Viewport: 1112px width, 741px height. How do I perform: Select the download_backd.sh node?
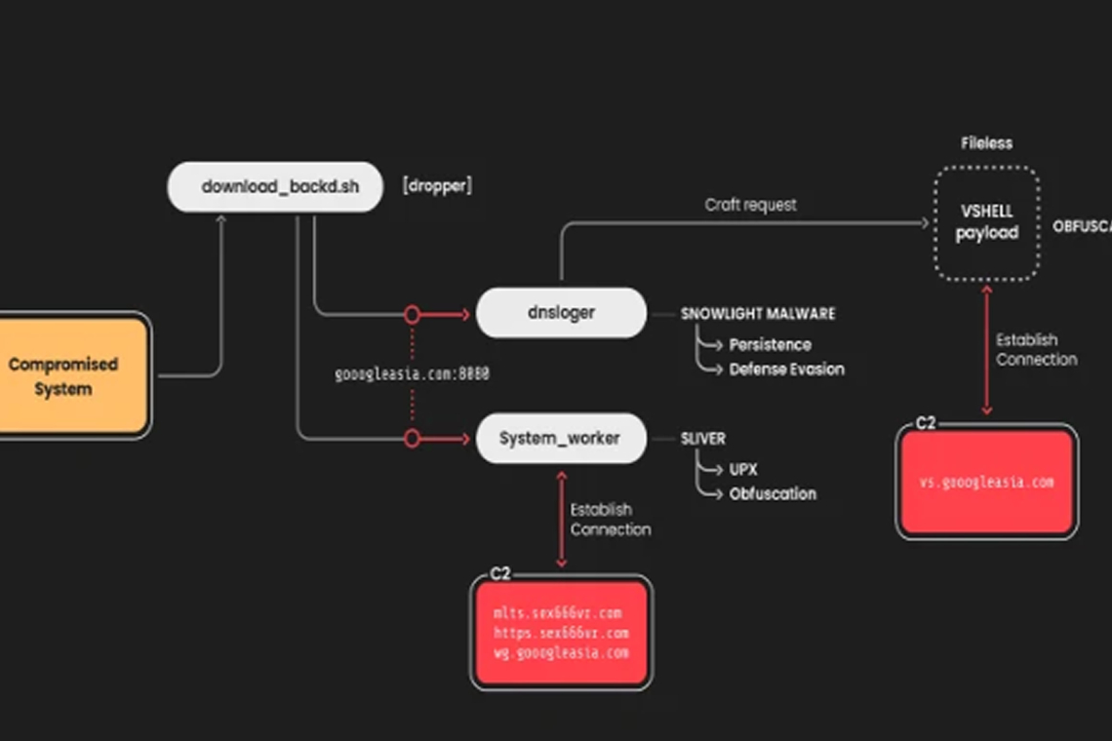274,187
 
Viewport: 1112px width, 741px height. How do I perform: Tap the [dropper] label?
437,186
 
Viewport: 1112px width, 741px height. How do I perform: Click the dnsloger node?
561,313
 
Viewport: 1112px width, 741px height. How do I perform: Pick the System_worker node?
560,438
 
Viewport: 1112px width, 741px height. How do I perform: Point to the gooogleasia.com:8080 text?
412,373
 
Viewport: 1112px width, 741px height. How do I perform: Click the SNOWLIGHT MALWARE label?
758,314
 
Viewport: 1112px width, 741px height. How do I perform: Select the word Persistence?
770,344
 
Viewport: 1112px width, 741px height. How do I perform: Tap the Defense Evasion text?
786,370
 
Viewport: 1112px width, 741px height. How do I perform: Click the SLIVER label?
703,439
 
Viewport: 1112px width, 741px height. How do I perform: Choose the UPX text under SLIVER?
743,469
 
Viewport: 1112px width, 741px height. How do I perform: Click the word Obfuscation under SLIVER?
773,494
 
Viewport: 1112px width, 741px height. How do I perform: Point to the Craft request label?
750,205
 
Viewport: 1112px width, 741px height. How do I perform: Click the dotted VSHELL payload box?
986,223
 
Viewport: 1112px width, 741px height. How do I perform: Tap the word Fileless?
986,143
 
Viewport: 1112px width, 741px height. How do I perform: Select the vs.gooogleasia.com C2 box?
986,483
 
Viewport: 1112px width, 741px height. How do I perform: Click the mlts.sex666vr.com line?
557,613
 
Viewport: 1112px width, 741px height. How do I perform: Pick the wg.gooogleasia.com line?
561,652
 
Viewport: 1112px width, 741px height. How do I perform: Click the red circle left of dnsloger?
412,314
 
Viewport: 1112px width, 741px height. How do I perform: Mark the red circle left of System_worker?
412,439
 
